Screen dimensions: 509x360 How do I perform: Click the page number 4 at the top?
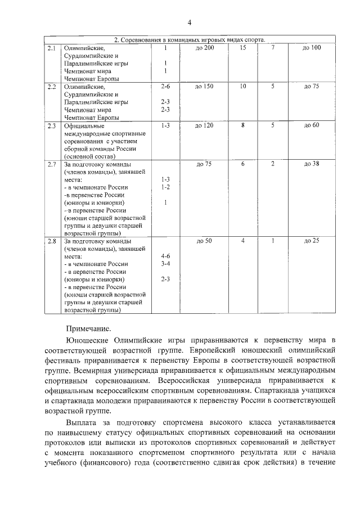(x=190, y=22)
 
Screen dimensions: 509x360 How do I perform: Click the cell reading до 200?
(x=204, y=48)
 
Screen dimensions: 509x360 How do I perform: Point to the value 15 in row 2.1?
(x=242, y=48)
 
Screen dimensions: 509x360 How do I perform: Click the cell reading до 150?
(x=204, y=87)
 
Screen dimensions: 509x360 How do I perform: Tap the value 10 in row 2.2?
(x=242, y=87)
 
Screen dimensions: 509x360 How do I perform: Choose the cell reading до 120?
(x=204, y=125)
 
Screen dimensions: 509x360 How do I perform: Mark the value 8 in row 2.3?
(x=242, y=125)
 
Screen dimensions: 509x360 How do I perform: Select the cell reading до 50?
(x=204, y=241)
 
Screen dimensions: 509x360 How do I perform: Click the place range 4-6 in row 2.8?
(x=165, y=256)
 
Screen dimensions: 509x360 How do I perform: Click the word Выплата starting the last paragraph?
(x=83, y=421)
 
